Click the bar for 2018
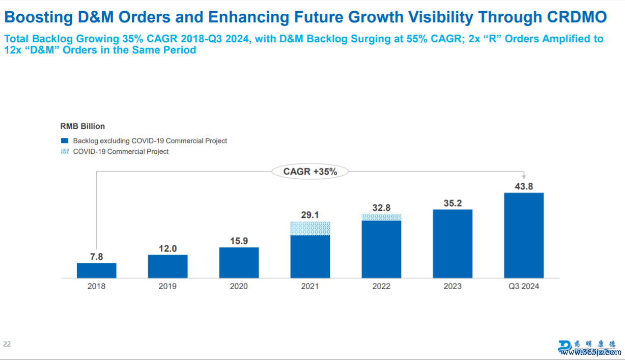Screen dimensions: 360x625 point(96,270)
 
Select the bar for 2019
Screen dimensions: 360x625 point(167,266)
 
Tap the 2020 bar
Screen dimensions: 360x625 point(239,263)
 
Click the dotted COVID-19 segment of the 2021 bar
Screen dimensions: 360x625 point(310,228)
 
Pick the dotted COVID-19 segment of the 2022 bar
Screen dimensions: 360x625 point(381,217)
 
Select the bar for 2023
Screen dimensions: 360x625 point(452,244)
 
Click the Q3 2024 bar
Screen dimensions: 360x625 point(524,235)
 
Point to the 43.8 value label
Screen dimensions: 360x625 point(524,186)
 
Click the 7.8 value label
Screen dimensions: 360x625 point(96,257)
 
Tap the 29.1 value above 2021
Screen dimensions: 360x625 point(310,215)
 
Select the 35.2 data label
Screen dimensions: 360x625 point(452,203)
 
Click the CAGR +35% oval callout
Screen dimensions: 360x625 point(310,172)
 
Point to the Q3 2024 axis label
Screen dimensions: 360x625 point(524,286)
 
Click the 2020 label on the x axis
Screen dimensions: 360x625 point(239,286)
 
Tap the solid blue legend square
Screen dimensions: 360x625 point(65,141)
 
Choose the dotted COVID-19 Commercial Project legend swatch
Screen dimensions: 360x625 point(65,151)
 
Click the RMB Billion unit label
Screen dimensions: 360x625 point(82,126)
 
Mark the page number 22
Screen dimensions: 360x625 point(7,344)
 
